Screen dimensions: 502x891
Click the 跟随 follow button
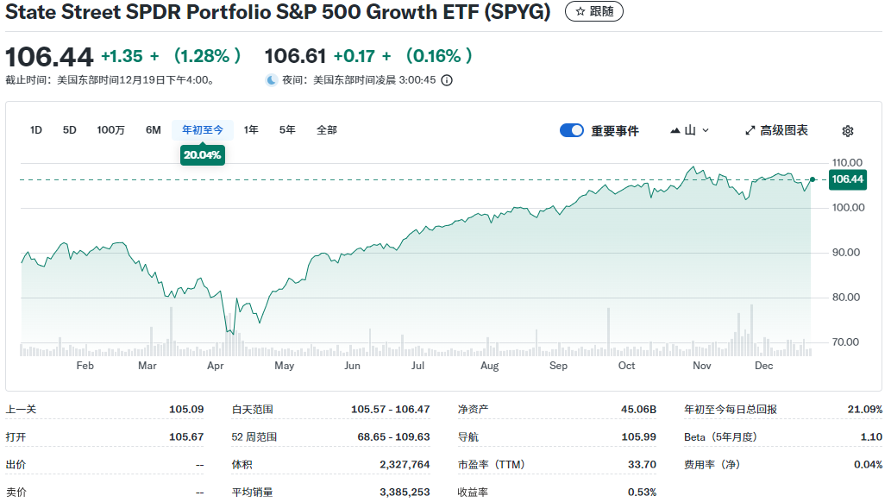point(594,12)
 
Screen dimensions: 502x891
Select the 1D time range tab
point(36,130)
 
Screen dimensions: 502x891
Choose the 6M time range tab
point(154,130)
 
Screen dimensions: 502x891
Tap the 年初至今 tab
point(203,130)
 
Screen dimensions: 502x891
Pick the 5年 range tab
point(287,130)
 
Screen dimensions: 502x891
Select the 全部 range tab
point(327,130)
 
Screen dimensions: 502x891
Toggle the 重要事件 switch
point(572,131)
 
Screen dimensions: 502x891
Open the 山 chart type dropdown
point(690,131)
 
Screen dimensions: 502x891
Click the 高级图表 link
point(776,131)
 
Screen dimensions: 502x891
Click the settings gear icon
point(848,131)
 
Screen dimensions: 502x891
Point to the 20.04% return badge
point(203,155)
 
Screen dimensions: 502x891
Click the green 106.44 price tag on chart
point(847,179)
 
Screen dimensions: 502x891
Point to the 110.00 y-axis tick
point(846,163)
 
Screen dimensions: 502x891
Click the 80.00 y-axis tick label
point(846,298)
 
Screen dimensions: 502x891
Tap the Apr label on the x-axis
point(216,366)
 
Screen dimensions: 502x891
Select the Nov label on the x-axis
point(701,366)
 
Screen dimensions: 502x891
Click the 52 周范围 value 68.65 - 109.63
point(393,437)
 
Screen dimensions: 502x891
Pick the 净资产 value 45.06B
point(639,410)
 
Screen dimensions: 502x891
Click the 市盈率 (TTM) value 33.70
point(642,465)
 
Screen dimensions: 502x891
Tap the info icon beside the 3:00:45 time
point(447,80)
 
